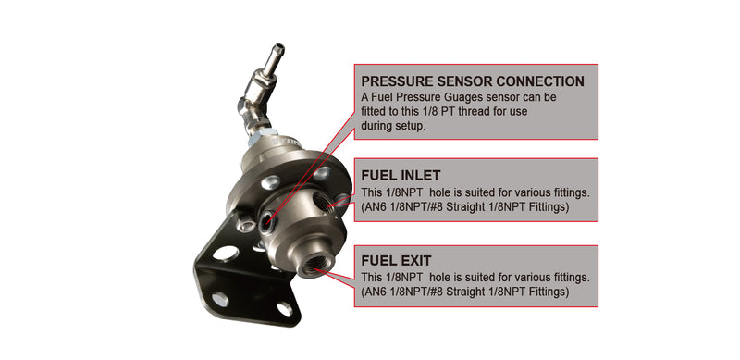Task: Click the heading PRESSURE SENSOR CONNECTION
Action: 472,81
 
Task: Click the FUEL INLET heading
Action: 402,175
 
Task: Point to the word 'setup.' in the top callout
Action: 408,126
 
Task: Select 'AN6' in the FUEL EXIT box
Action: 377,292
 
